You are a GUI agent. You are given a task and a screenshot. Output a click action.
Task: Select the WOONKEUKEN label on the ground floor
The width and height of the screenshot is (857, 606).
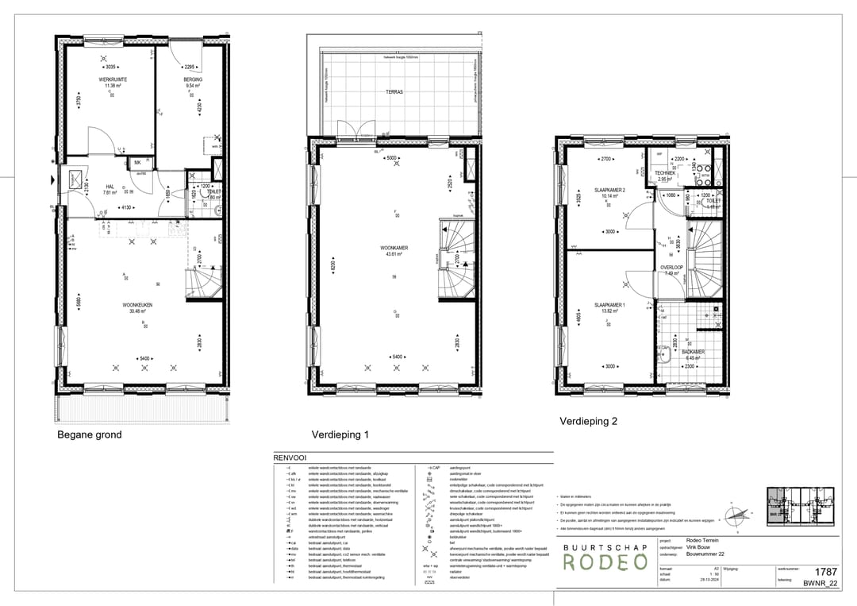(137, 305)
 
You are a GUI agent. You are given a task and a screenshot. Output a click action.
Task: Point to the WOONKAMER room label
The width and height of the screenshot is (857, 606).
(394, 248)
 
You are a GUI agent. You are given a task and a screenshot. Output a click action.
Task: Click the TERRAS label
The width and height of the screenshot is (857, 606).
(394, 92)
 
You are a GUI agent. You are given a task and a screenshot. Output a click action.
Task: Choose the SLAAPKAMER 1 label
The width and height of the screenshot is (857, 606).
(610, 305)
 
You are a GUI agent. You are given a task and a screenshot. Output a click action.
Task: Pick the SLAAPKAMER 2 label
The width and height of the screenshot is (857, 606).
(610, 191)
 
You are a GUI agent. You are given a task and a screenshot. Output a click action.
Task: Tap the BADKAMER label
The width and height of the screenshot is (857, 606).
(692, 352)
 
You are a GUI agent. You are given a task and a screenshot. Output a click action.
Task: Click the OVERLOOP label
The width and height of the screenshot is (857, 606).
(671, 268)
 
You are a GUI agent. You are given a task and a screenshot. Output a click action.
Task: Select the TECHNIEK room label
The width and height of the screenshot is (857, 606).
(665, 173)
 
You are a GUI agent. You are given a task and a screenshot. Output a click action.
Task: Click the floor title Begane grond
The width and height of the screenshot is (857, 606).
(90, 435)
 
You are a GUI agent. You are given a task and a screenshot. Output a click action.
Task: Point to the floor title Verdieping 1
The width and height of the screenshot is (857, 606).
(340, 435)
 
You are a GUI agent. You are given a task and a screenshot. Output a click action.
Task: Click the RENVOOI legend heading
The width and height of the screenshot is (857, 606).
(290, 459)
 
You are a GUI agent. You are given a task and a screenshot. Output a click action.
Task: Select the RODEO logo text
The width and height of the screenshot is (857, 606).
(605, 562)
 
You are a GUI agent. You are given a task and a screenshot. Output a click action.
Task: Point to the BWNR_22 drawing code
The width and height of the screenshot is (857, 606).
(820, 583)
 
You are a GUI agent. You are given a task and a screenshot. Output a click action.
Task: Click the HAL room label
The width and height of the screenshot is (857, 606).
(110, 187)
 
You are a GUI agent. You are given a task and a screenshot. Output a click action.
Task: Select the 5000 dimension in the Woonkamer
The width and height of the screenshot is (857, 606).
(391, 158)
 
